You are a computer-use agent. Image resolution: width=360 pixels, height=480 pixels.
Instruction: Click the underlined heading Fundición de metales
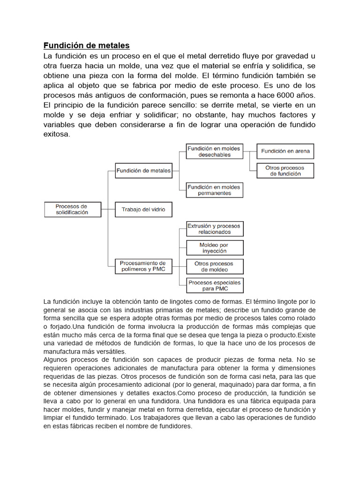(86, 45)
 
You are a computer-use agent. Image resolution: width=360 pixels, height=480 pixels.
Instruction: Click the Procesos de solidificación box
(71, 209)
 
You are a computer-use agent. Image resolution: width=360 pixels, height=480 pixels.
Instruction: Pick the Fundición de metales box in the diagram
(143, 171)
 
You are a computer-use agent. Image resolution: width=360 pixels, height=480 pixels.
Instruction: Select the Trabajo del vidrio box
(143, 210)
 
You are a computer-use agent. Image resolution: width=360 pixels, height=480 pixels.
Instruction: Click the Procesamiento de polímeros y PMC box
(142, 266)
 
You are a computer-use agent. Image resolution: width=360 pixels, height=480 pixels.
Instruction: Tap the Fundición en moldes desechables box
(214, 151)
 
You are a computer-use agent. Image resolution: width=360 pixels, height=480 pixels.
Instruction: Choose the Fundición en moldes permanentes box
(214, 190)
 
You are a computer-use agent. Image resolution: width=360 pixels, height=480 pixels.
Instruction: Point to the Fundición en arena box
(285, 151)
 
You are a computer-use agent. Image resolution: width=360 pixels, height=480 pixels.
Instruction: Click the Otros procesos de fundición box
(285, 171)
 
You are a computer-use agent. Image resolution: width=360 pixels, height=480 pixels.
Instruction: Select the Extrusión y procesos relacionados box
(215, 229)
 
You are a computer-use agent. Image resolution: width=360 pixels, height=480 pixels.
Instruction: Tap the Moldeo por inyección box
(214, 248)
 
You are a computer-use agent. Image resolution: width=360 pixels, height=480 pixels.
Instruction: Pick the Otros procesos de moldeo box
(214, 267)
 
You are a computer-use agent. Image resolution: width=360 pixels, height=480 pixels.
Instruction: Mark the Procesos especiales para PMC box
(214, 285)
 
